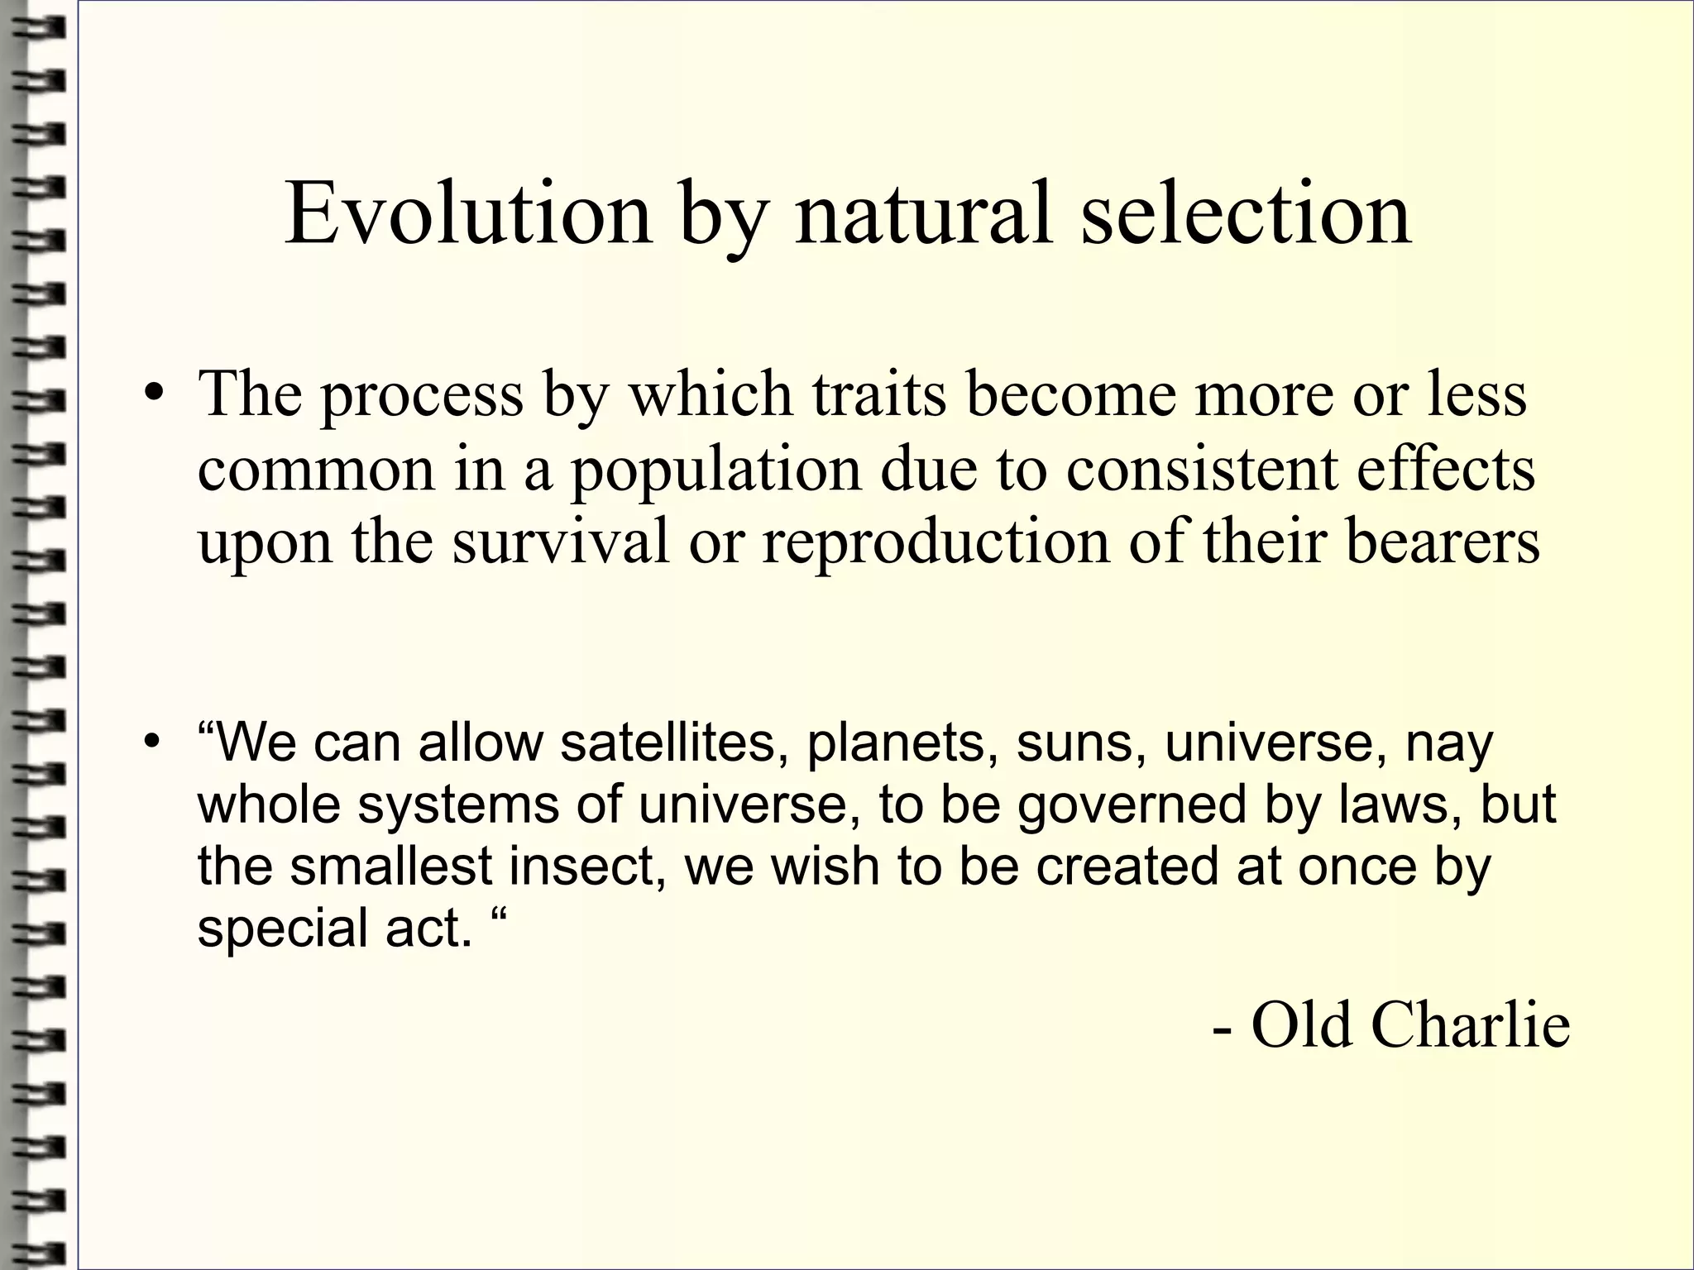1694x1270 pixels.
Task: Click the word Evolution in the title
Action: [468, 215]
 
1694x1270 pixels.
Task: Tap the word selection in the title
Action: [1246, 215]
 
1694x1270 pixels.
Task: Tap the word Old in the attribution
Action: [1303, 1025]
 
